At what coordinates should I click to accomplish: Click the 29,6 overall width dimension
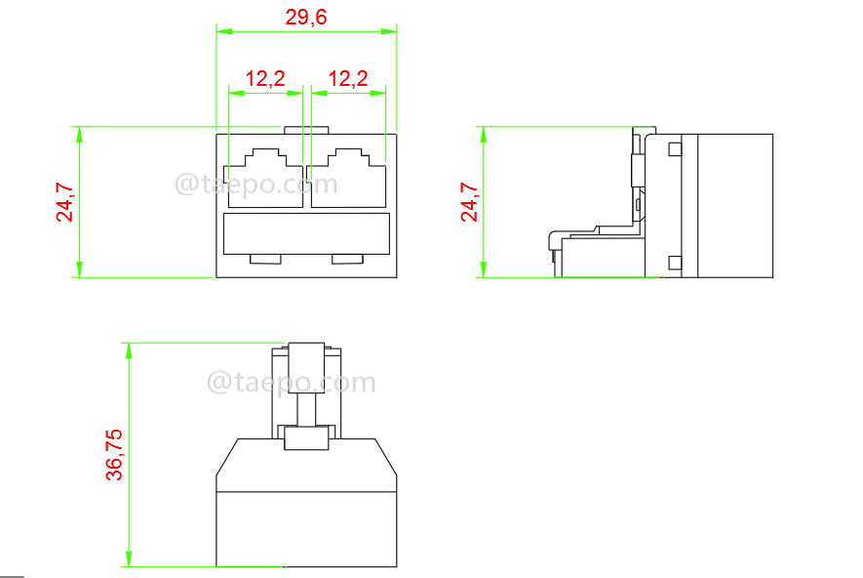[306, 18]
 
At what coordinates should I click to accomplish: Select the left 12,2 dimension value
[264, 78]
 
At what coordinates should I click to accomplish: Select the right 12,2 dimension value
[348, 78]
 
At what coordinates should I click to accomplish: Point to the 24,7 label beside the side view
[470, 201]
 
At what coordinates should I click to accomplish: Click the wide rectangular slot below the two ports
[306, 234]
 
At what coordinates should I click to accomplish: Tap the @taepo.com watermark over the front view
[255, 185]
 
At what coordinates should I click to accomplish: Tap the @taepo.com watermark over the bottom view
[291, 383]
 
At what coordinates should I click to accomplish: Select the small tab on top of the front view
[306, 129]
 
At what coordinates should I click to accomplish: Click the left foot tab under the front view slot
[266, 259]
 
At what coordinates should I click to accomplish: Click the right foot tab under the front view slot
[348, 259]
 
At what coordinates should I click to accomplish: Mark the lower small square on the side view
[674, 261]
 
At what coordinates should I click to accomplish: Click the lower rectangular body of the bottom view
[306, 527]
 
